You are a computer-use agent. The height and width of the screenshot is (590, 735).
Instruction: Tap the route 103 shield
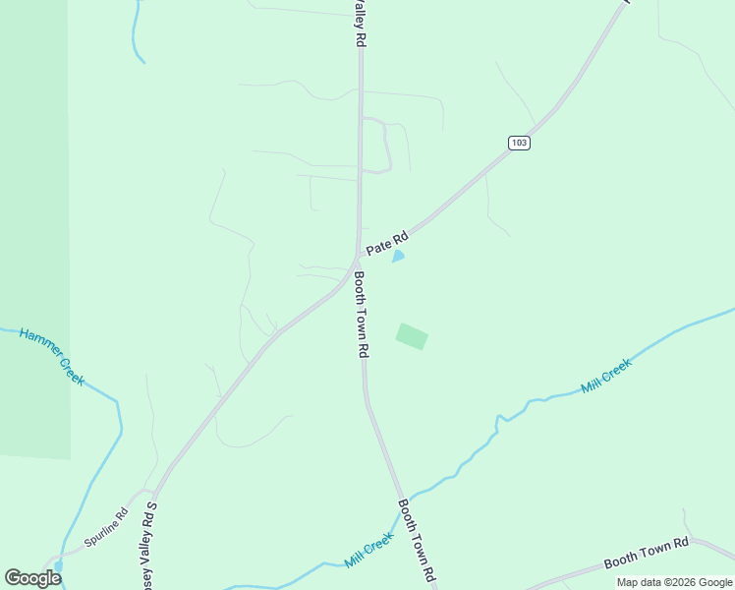[520, 143]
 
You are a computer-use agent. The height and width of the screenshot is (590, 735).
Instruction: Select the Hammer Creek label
[52, 355]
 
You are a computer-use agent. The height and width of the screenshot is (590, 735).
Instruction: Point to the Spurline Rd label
[107, 527]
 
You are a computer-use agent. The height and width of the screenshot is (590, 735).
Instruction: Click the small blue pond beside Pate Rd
[398, 257]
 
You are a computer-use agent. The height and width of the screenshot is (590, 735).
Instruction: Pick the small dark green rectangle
[413, 336]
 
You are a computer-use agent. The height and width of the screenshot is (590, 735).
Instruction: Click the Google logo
[33, 578]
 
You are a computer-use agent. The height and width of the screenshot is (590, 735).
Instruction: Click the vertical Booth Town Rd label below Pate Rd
[361, 314]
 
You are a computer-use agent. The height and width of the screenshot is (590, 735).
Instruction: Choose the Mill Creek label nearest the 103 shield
[606, 376]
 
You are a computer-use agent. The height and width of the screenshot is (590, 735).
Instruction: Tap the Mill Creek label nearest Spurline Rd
[369, 552]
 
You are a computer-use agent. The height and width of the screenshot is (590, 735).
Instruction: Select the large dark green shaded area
[34, 226]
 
